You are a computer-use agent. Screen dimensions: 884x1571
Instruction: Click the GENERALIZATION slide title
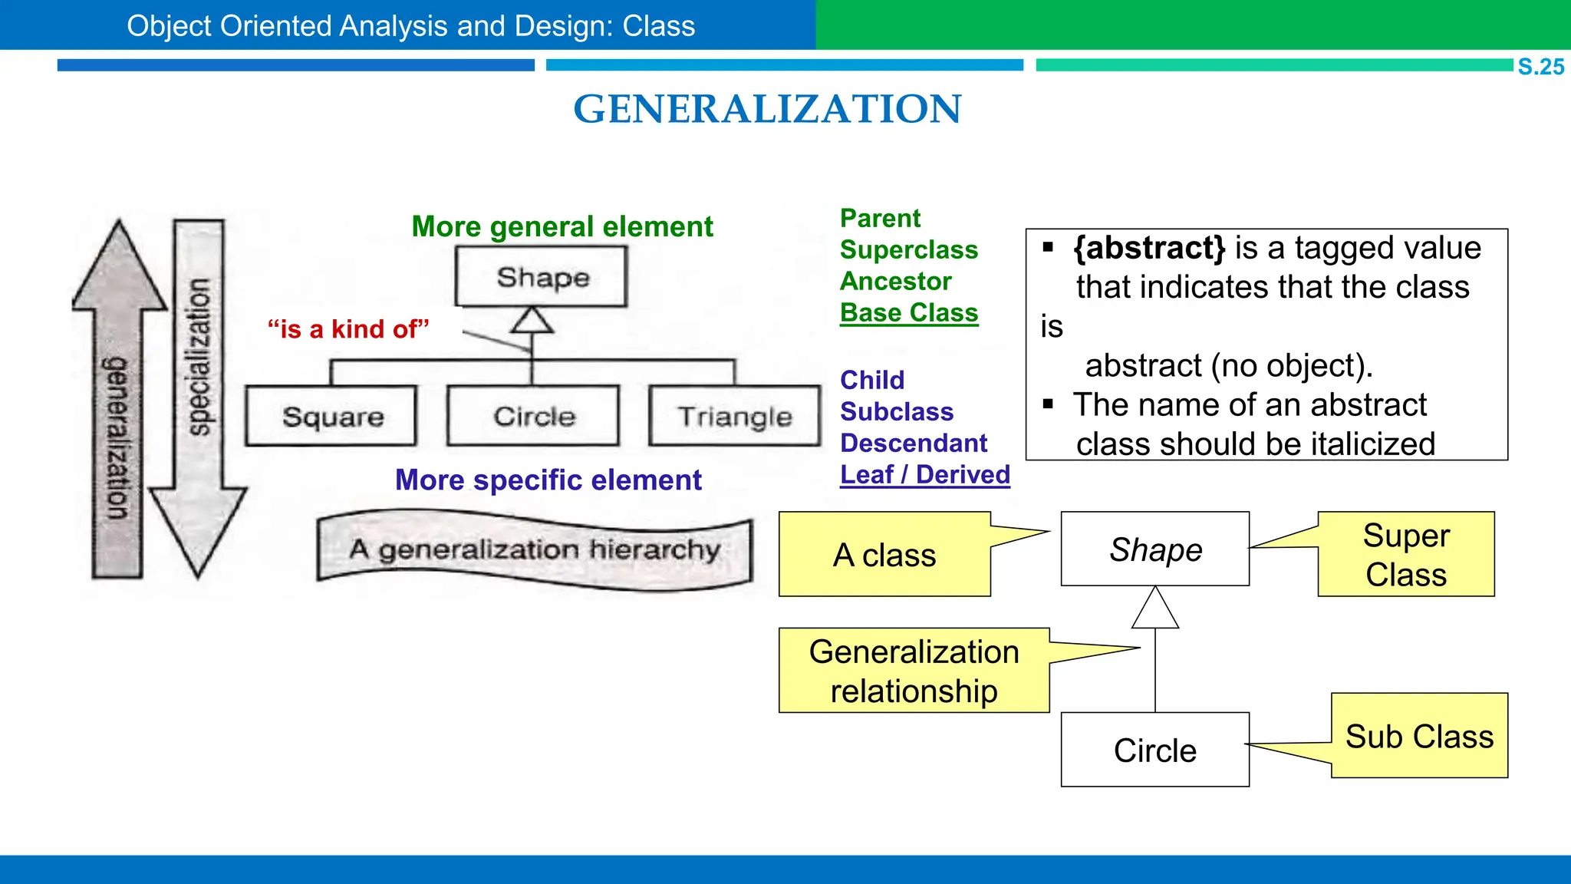click(767, 109)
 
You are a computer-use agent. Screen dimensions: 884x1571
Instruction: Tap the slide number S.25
click(1540, 67)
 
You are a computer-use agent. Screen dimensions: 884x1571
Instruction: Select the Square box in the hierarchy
click(331, 416)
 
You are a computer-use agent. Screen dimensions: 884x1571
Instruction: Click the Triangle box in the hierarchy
click(734, 416)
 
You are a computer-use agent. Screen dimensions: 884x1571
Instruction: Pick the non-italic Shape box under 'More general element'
click(541, 277)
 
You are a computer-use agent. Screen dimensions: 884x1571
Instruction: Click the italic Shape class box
click(1154, 549)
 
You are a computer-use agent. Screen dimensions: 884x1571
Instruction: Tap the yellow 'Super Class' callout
click(1405, 555)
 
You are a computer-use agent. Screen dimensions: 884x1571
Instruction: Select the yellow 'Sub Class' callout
click(1419, 736)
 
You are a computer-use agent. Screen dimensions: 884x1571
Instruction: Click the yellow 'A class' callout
click(884, 555)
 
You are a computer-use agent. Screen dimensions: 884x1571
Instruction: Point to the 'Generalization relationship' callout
click(914, 671)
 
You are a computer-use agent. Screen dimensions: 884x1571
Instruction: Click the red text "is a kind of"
click(348, 329)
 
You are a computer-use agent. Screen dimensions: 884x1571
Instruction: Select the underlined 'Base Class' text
click(909, 313)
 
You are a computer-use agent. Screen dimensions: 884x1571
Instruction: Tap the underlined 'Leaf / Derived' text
click(924, 475)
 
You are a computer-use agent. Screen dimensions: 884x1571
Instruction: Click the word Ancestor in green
click(895, 282)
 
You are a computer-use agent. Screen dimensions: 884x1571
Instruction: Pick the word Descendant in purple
click(913, 444)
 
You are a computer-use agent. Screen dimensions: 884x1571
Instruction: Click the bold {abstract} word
click(1148, 248)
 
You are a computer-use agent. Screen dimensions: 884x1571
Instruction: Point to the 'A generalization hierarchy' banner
click(535, 550)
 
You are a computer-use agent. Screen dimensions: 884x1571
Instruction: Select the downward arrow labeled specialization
click(198, 399)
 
